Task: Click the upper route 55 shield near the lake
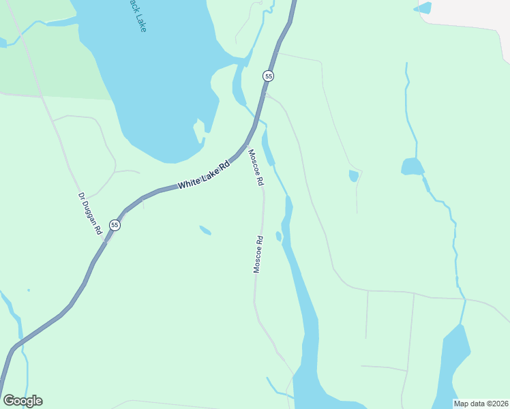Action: click(269, 76)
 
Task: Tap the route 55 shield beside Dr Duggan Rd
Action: click(115, 225)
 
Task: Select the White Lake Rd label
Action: click(205, 176)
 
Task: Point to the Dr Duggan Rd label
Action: click(89, 214)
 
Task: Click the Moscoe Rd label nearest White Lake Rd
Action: click(255, 168)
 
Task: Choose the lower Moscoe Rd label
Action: click(258, 255)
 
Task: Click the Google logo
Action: click(22, 401)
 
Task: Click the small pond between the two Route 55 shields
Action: click(205, 230)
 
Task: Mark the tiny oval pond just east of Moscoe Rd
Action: click(279, 237)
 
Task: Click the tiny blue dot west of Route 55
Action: click(29, 290)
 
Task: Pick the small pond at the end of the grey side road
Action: click(353, 176)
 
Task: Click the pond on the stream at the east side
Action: click(412, 166)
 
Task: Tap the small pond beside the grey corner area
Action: click(423, 8)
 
